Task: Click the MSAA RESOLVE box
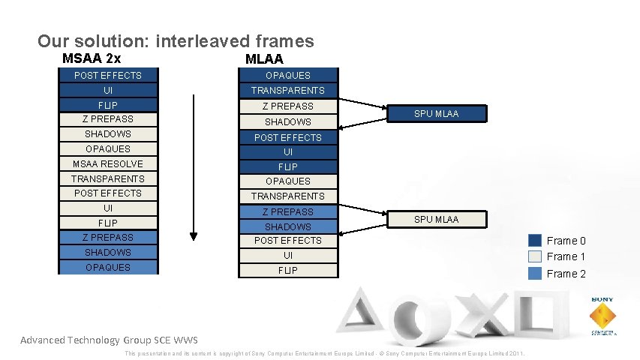point(108,163)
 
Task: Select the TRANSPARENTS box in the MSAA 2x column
point(108,178)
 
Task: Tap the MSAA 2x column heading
point(92,58)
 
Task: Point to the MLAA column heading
point(264,59)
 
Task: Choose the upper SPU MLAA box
point(437,114)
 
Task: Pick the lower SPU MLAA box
point(437,219)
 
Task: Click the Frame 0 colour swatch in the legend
point(534,241)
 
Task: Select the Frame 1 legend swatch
point(534,256)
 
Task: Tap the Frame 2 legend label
point(566,274)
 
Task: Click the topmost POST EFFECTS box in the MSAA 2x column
point(108,75)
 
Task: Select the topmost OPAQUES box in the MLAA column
point(288,75)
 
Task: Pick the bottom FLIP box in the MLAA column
point(288,270)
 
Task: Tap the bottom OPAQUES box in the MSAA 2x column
point(108,267)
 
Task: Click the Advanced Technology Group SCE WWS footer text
point(109,340)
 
